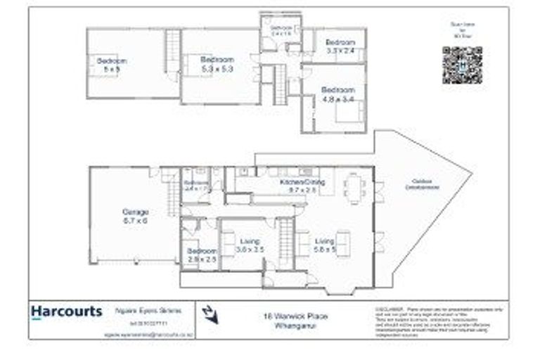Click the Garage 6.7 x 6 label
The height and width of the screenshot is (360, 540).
135,216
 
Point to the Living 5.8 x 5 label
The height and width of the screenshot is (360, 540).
325,245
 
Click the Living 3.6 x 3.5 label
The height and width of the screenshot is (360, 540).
250,245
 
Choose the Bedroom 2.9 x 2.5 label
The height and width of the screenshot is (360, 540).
201,255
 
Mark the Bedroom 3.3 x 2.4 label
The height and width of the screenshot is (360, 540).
340,46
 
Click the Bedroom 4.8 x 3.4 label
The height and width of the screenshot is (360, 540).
337,95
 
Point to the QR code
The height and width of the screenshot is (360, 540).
462,65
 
